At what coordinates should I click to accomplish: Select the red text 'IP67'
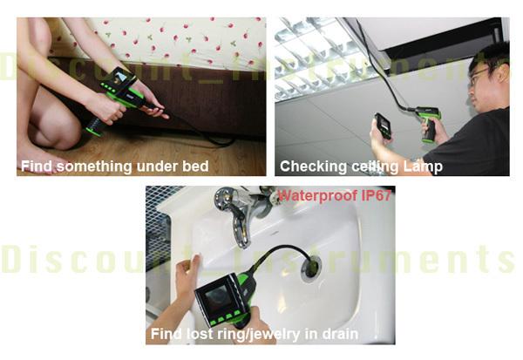coord(377,195)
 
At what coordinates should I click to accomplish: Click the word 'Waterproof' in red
coord(318,196)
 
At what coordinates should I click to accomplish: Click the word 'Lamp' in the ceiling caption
coord(423,166)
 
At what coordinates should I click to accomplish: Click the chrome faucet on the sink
coord(240,214)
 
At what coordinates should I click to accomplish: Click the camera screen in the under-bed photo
coord(119,78)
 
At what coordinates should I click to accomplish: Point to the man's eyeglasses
coord(479,75)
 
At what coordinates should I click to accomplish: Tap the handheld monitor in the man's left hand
coord(384,126)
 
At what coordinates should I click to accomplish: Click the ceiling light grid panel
coord(317,57)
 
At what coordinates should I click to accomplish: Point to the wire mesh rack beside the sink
coord(160,227)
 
